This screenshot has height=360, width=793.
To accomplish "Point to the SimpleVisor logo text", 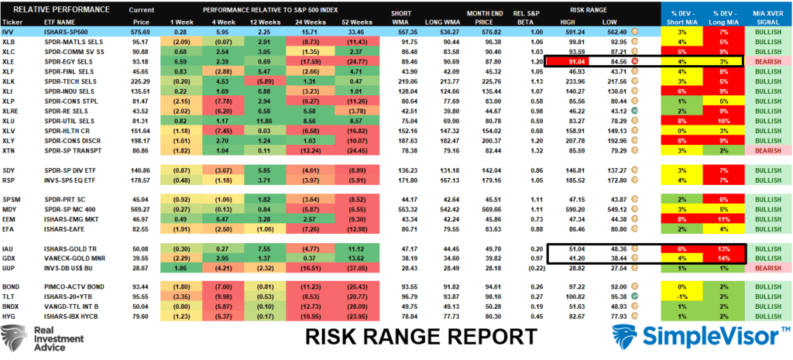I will coord(709,337).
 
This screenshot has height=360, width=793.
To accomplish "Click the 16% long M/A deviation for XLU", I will coord(723,121).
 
